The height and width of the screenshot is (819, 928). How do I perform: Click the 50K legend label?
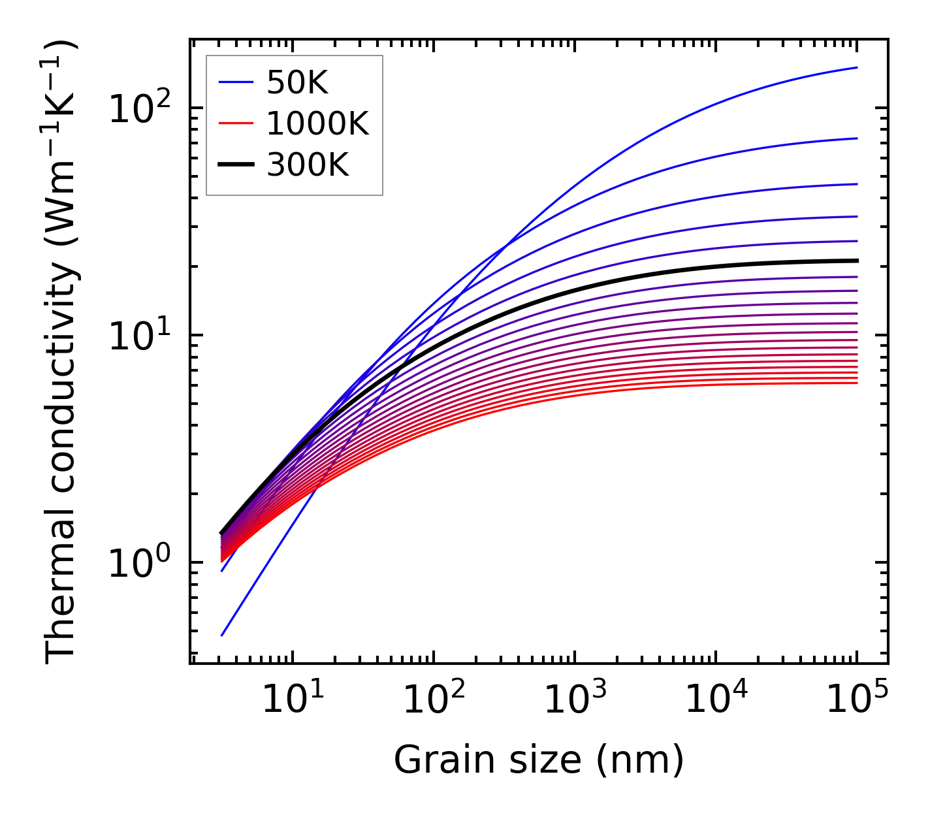click(296, 82)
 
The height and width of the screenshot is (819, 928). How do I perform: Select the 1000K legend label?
click(317, 123)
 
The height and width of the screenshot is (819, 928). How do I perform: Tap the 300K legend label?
click(308, 165)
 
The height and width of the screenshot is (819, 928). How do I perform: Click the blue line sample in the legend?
click(235, 82)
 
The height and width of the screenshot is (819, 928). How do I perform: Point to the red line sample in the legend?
click(235, 123)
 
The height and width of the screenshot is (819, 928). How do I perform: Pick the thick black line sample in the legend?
click(235, 165)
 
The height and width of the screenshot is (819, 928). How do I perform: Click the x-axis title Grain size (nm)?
click(539, 760)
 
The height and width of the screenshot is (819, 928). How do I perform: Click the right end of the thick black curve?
click(857, 261)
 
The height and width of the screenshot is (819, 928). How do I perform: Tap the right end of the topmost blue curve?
click(857, 67)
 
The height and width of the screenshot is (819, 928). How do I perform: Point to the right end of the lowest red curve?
click(857, 383)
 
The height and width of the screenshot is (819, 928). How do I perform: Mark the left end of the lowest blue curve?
click(222, 635)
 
